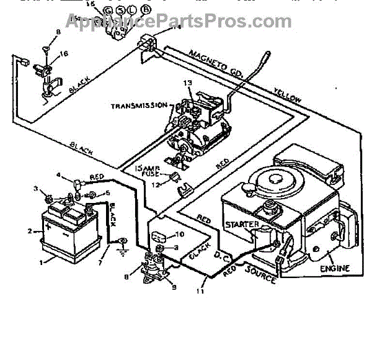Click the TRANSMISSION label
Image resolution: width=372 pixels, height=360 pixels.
point(139,106)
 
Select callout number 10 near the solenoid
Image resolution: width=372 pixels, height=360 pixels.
point(180,235)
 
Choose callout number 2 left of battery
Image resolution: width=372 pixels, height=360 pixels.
point(29,231)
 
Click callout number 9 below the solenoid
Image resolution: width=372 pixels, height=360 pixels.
point(172,287)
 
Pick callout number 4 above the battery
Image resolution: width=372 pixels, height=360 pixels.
point(60,176)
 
